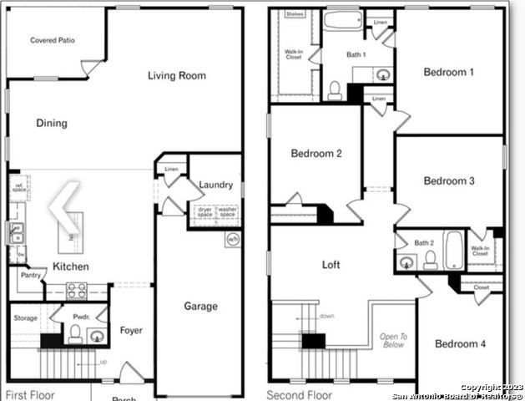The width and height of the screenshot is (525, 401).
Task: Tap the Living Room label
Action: [x=176, y=76]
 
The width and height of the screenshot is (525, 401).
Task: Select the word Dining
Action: [x=52, y=124]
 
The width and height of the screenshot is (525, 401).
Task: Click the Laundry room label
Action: [x=216, y=185]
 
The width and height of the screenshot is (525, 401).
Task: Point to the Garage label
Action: [x=200, y=307]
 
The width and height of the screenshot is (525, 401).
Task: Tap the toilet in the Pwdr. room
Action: [x=75, y=335]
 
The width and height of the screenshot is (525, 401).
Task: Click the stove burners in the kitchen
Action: [x=76, y=290]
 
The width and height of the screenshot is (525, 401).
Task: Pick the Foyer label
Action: [x=131, y=331]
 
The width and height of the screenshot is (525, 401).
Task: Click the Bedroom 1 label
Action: [x=448, y=73]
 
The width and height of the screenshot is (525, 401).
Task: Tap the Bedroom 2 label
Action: [x=316, y=154]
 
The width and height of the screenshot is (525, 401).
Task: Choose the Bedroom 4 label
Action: [x=460, y=344]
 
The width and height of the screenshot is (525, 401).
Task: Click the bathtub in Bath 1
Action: [x=342, y=20]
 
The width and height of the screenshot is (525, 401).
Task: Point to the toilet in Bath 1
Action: [x=335, y=89]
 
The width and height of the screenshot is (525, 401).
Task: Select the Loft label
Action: [x=332, y=265]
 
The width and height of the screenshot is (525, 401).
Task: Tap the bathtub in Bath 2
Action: [x=453, y=250]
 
